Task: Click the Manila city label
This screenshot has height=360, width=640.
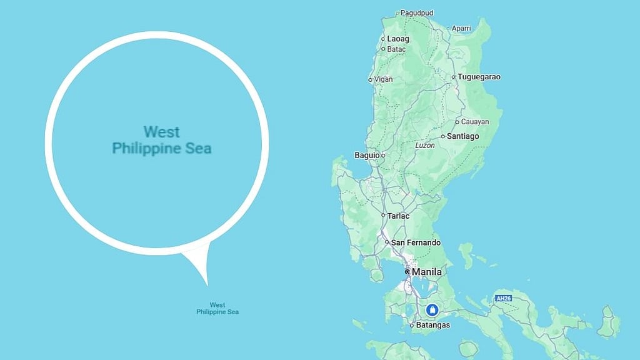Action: coord(427,272)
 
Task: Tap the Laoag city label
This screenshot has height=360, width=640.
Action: coord(398,39)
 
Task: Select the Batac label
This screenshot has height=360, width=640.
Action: coord(397,49)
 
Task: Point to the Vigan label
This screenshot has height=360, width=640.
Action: coord(384,79)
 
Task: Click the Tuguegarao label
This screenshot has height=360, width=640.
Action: coord(479,77)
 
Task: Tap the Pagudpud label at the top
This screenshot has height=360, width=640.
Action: coord(417,12)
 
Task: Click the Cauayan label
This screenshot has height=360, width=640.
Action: coord(476,122)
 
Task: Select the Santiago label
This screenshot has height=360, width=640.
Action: coord(463,136)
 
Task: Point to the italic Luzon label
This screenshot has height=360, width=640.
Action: coord(425,145)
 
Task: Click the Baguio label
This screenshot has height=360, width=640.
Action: coord(366,155)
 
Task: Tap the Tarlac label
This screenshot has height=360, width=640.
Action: coord(399,216)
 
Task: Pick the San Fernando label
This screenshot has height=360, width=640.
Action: coord(416,242)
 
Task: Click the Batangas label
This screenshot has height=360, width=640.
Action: coord(433,325)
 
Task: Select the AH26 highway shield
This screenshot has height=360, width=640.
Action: coord(503,298)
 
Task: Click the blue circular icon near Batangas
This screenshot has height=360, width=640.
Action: coord(431,310)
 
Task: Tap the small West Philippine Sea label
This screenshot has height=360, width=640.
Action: coord(217,308)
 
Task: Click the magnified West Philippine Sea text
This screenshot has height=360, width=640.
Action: coord(161,141)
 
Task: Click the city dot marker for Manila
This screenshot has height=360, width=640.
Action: coord(407,272)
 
